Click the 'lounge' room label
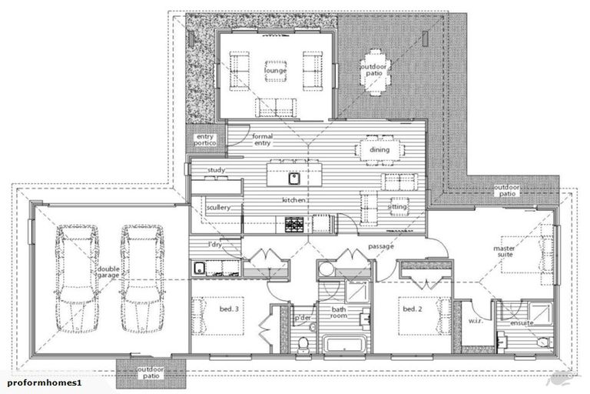coord(275,72)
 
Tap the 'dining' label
coord(380,151)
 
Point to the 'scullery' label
coord(217,207)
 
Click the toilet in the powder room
coord(304,342)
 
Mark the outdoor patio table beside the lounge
coord(375,72)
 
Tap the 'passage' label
coord(382,246)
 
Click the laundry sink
coord(199,268)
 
